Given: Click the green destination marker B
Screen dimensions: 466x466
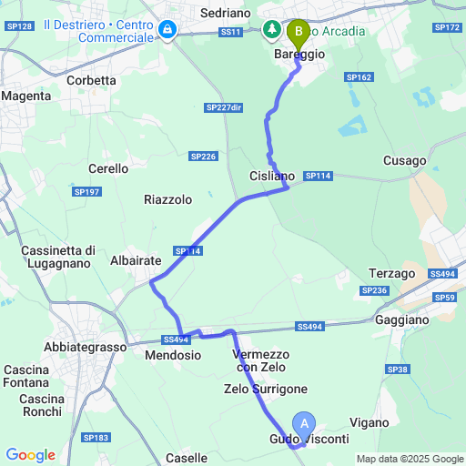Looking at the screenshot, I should point(297,34).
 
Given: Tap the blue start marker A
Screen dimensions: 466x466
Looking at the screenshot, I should point(305,423).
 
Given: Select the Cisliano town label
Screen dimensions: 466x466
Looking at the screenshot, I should point(272,176).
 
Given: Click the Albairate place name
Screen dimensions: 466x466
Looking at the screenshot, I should point(135,260).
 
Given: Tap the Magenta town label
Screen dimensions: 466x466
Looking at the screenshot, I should point(25,96).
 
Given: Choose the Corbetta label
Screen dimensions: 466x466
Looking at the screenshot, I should point(92,80).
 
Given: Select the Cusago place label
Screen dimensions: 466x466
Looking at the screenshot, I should point(405,161).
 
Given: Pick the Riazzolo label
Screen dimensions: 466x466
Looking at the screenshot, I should point(168,198).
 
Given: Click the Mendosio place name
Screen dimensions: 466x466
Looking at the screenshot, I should point(173,356).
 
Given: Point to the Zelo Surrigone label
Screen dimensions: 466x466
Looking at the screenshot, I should point(266,389).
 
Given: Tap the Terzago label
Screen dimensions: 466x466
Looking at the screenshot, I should point(392,273).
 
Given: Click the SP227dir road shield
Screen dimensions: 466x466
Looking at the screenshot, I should point(225,107).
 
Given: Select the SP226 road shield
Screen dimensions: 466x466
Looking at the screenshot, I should point(203,157).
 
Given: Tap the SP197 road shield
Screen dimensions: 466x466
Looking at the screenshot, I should point(86,191).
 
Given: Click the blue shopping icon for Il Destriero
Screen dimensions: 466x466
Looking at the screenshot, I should point(167,31).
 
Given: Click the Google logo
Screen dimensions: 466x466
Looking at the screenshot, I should point(29,455).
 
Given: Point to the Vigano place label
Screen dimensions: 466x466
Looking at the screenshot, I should point(368,422).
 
